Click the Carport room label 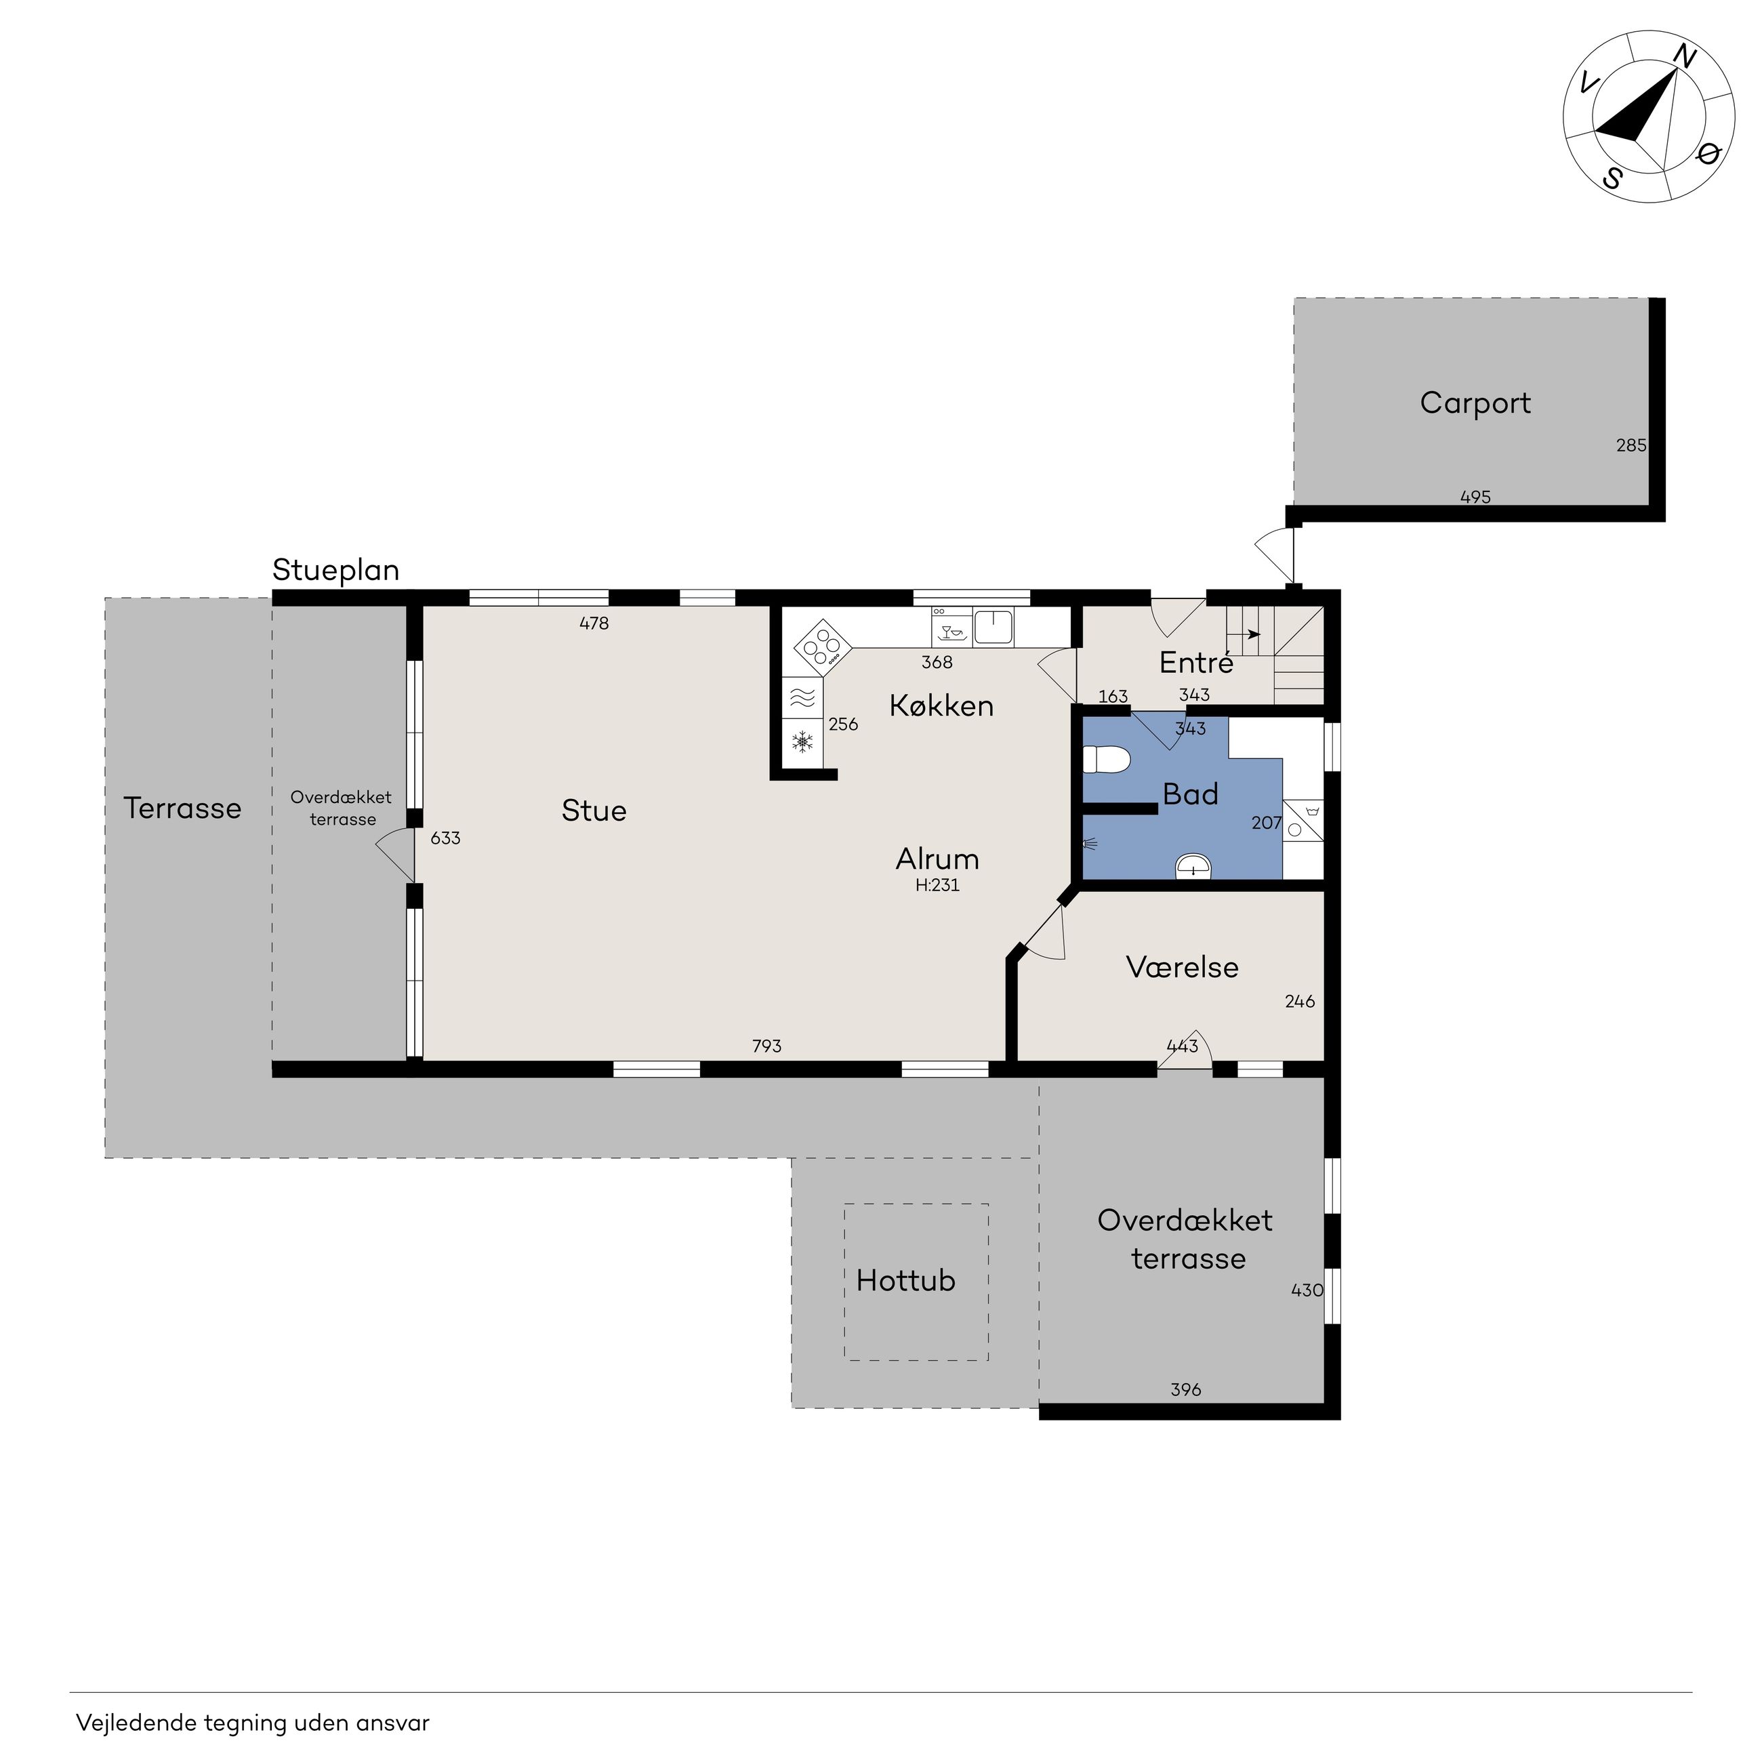coord(1475,403)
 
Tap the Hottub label coord(905,1280)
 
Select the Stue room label coord(594,810)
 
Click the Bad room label coord(1190,794)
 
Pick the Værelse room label coord(1182,967)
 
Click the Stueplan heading coord(335,571)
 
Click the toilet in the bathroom coord(1105,760)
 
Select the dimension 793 coord(767,1046)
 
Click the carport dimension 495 coord(1475,497)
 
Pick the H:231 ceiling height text coord(937,884)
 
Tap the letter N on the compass coord(1685,58)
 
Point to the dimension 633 coord(445,838)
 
